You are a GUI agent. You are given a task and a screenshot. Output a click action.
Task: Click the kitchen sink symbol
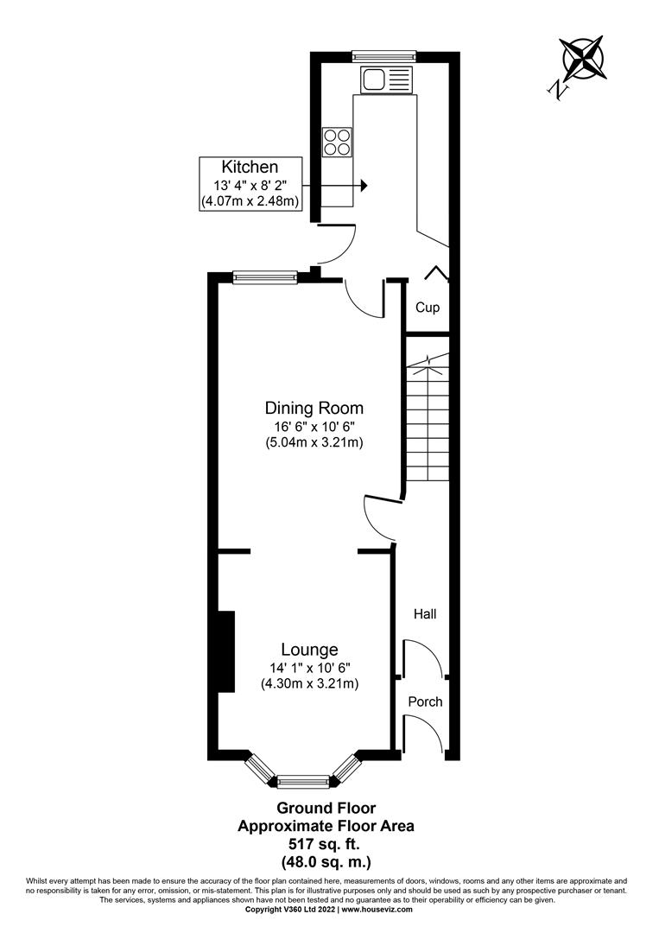[x=385, y=80]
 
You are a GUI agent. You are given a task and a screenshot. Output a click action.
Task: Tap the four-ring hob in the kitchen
[x=338, y=142]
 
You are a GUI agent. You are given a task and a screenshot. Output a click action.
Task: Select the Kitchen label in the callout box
[x=250, y=167]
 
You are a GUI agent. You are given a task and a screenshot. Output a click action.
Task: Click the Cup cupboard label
[x=428, y=308]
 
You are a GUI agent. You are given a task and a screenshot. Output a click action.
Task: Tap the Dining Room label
[x=314, y=408]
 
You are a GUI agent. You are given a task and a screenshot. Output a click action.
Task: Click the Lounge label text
[x=309, y=650]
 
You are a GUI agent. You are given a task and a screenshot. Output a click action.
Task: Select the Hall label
[x=424, y=614]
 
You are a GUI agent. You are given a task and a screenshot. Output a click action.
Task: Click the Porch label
[x=425, y=701]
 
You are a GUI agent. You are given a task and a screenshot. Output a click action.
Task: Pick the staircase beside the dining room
[x=427, y=419]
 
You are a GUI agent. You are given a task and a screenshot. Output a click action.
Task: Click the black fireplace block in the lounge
[x=225, y=651]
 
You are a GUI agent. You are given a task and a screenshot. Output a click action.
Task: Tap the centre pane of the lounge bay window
[x=304, y=782]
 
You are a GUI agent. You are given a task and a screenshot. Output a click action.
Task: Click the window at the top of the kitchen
[x=384, y=56]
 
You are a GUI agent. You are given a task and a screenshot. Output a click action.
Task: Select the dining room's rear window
[x=265, y=277]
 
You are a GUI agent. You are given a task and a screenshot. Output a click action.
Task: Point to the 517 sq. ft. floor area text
[x=326, y=843]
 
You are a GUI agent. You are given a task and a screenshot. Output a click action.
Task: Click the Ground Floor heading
[x=326, y=809]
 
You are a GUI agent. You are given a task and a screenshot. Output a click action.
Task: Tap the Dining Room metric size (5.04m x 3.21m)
[x=314, y=443]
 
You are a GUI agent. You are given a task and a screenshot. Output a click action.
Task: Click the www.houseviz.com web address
[x=377, y=910]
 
